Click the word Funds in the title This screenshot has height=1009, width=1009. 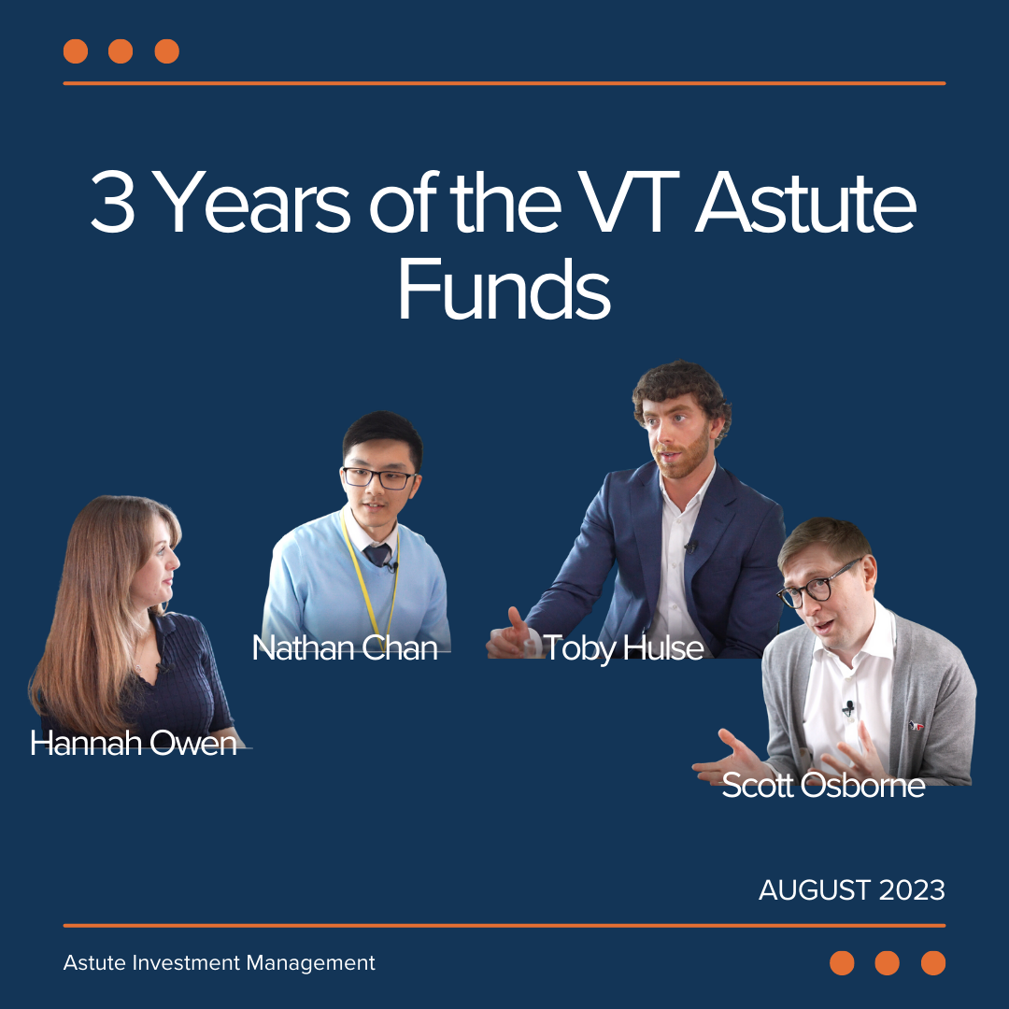[504, 289]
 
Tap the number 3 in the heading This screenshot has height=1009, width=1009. [113, 202]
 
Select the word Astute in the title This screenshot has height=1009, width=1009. [805, 202]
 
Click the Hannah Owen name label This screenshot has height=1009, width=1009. [134, 744]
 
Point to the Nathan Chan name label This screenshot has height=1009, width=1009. [345, 648]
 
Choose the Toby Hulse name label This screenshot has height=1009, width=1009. [623, 648]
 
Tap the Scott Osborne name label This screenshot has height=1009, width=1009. [823, 785]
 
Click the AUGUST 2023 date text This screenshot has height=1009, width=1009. [851, 890]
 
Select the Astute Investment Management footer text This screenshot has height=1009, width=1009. [219, 962]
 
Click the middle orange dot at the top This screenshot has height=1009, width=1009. [121, 51]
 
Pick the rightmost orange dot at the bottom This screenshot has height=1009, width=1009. [933, 963]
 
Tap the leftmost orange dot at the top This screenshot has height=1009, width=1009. [76, 51]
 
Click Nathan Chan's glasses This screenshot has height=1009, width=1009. [378, 478]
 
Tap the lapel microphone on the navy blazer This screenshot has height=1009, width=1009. [691, 547]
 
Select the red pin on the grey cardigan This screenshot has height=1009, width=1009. [916, 726]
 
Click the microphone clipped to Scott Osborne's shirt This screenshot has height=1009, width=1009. [848, 708]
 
